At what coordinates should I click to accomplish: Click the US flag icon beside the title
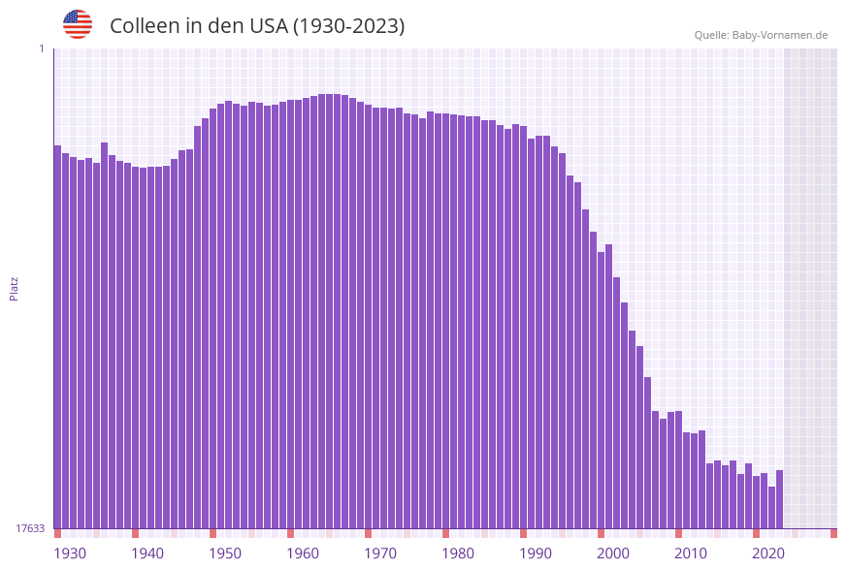[x=78, y=24]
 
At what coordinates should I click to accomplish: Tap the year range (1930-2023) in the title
[x=348, y=26]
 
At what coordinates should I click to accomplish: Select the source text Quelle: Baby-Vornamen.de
[x=760, y=35]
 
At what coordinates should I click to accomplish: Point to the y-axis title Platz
[x=14, y=288]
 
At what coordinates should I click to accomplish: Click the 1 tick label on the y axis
[x=41, y=48]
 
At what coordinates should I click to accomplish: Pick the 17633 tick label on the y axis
[x=30, y=528]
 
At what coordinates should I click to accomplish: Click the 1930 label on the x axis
[x=69, y=553]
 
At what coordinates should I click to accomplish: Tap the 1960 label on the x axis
[x=303, y=553]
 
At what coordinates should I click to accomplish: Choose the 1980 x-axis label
[x=458, y=553]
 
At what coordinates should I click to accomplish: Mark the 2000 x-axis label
[x=613, y=553]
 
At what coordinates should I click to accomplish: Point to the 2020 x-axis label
[x=768, y=553]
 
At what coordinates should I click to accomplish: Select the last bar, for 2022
[x=779, y=498]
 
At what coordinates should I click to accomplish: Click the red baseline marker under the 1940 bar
[x=136, y=533]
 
